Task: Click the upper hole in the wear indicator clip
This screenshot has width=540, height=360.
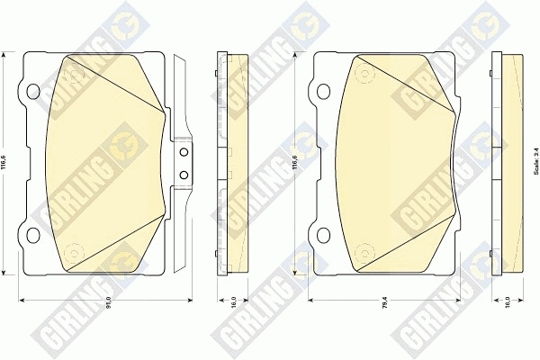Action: click(x=184, y=153)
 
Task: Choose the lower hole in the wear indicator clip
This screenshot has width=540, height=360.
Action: click(x=184, y=173)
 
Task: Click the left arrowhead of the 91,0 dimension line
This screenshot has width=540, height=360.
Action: click(x=22, y=298)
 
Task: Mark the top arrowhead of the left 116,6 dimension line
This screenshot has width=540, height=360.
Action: click(x=17, y=54)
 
